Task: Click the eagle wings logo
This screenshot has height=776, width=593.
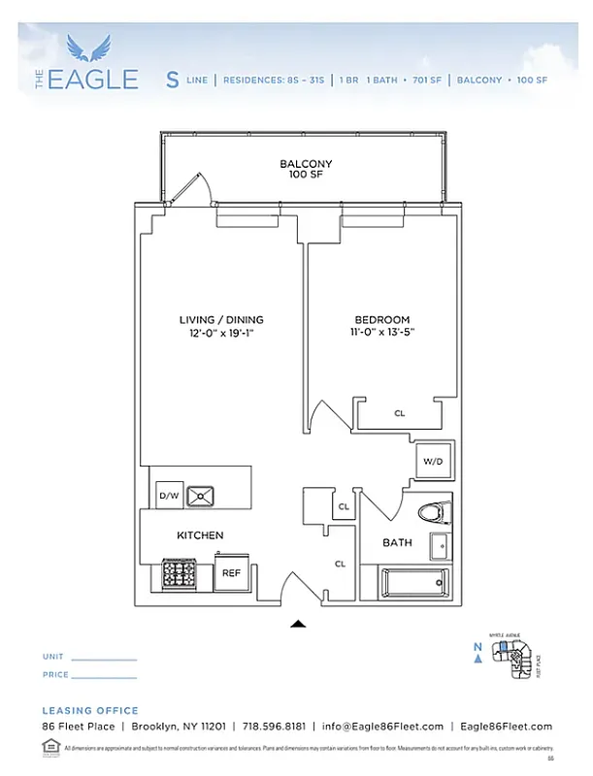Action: (x=96, y=48)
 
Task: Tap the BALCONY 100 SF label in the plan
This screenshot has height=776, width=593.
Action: (x=306, y=170)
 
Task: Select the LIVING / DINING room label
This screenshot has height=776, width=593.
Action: (x=221, y=326)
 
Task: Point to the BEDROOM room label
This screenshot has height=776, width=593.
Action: (x=381, y=326)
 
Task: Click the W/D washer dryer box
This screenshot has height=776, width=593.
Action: (x=433, y=462)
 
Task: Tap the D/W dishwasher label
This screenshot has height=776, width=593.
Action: (x=169, y=496)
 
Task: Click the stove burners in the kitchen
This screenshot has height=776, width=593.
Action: (x=180, y=574)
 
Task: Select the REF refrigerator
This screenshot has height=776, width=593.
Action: (x=231, y=573)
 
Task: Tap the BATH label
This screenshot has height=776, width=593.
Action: (x=397, y=542)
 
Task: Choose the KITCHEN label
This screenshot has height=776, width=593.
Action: (x=200, y=535)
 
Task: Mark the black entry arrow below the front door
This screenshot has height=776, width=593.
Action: (x=299, y=625)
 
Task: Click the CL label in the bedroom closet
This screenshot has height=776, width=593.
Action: (x=399, y=413)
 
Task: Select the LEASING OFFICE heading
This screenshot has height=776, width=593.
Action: (x=90, y=710)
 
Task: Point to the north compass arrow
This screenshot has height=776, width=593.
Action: (x=477, y=660)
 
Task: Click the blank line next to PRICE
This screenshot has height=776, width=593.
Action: (x=105, y=676)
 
